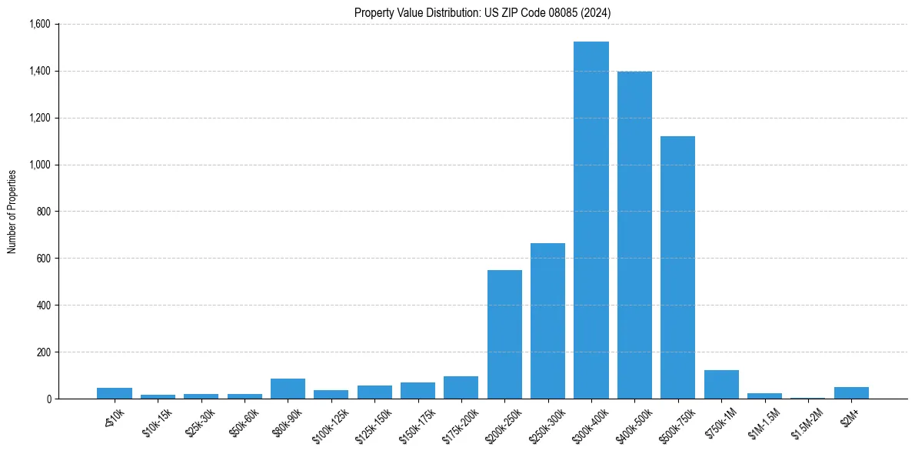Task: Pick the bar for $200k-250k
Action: coord(504,334)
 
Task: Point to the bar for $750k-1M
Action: coord(721,385)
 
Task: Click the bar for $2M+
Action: coord(851,393)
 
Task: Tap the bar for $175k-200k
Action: coord(461,388)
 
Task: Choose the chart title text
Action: coord(483,12)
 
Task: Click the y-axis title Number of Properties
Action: coord(12,212)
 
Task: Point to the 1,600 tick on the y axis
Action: coord(38,25)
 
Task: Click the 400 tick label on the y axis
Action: coord(43,305)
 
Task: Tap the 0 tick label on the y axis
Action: coord(48,399)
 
